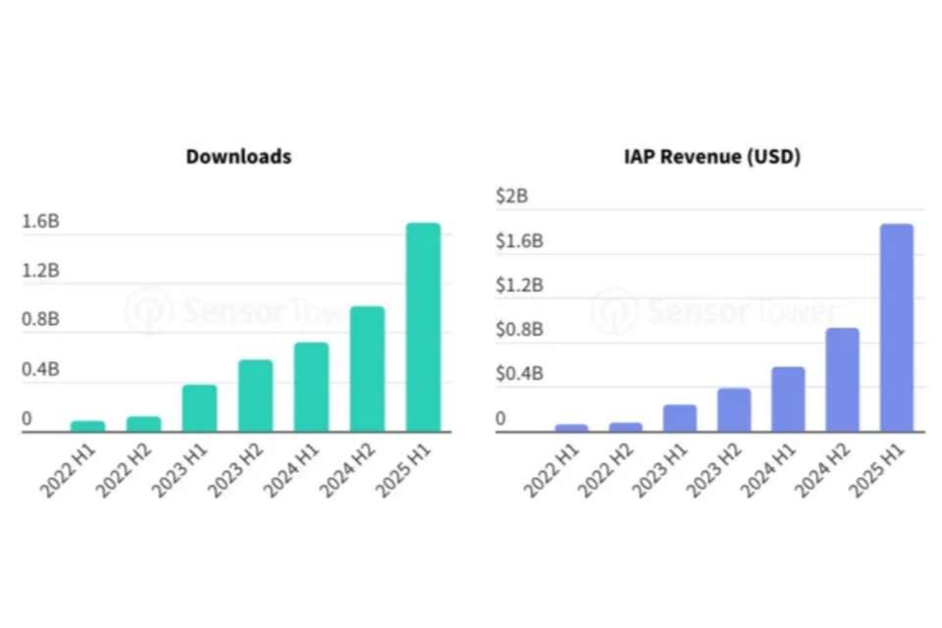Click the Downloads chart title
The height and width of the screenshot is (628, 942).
[238, 156]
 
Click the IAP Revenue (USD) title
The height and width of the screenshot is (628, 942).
[711, 156]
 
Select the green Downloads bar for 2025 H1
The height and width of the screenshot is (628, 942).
[423, 327]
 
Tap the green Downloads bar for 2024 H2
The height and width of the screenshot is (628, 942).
[367, 369]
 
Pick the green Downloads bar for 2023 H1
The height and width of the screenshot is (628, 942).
[199, 407]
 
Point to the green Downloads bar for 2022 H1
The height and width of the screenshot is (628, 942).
[87, 426]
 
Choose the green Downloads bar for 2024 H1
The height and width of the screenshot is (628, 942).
[311, 387]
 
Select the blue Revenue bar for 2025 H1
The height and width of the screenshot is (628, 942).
[896, 327]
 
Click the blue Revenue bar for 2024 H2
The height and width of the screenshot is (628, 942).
[842, 379]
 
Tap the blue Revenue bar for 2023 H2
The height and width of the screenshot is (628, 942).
[733, 409]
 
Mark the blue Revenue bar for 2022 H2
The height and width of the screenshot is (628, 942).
[625, 427]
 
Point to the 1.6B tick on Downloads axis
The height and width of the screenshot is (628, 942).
[40, 222]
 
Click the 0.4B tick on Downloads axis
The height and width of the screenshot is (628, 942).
[40, 370]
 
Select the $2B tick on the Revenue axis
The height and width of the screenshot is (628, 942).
[512, 196]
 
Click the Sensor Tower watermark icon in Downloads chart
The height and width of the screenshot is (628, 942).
[149, 311]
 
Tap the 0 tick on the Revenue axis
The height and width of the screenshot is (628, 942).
[500, 419]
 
